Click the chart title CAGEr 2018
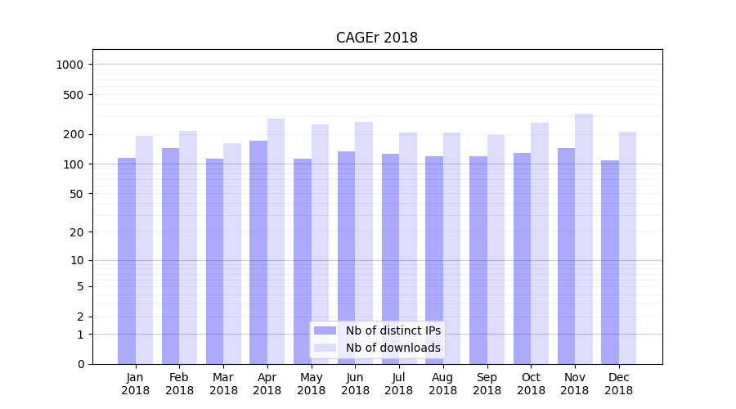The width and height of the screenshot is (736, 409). (x=376, y=38)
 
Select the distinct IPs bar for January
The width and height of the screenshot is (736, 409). (x=127, y=261)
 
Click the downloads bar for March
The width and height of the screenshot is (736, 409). (x=232, y=254)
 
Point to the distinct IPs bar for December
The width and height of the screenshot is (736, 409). (x=610, y=262)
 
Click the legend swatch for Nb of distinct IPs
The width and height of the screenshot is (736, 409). (x=325, y=330)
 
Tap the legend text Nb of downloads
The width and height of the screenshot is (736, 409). (x=393, y=348)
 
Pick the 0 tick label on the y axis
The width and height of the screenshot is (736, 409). (x=81, y=364)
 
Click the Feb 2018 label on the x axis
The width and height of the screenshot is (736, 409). (x=179, y=384)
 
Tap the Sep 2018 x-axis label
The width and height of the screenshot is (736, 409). (x=487, y=384)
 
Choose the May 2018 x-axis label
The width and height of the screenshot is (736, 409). (x=311, y=384)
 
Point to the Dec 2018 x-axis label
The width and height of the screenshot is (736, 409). (x=618, y=384)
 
